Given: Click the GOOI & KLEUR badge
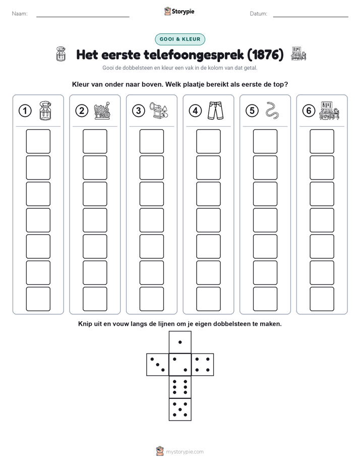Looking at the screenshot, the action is (x=180, y=39).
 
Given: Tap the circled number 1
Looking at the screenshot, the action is (x=25, y=111).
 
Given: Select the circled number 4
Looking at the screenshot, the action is (x=195, y=111).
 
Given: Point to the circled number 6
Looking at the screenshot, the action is (x=309, y=111).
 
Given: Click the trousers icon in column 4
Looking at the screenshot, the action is (x=216, y=110).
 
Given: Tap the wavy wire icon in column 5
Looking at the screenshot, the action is (x=272, y=110).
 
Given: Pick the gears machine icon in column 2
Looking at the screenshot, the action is (x=102, y=110).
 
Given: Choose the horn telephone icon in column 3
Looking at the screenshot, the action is (x=159, y=110).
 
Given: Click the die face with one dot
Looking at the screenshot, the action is (x=180, y=342).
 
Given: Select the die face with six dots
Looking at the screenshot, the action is (x=180, y=387).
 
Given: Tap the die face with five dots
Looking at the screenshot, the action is (x=180, y=409).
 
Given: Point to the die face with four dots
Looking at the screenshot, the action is (x=203, y=365).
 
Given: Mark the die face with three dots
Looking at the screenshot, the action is (x=158, y=365).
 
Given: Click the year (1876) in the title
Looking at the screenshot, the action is (x=266, y=54).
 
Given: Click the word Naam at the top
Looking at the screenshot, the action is (x=20, y=14).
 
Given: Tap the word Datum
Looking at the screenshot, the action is (x=259, y=14).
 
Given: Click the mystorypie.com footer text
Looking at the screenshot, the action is (x=185, y=452).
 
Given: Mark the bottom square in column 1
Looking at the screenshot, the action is (x=38, y=299).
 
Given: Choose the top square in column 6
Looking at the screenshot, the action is (x=322, y=141).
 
